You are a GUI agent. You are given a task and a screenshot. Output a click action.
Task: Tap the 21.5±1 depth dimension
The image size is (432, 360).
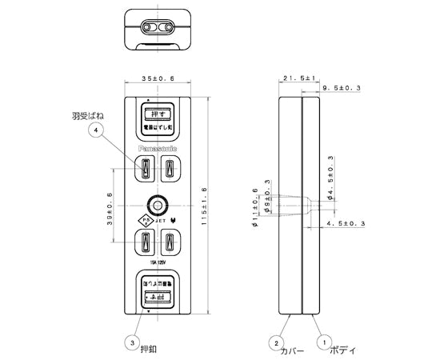tap(298, 78)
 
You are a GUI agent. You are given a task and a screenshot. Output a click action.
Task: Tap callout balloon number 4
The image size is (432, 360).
tap(97, 130)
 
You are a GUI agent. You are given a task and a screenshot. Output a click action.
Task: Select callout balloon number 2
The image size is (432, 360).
tap(276, 342)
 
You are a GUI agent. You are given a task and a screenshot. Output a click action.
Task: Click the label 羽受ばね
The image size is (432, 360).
tap(89, 115)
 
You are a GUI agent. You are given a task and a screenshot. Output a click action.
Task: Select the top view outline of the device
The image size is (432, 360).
tap(157, 27)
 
